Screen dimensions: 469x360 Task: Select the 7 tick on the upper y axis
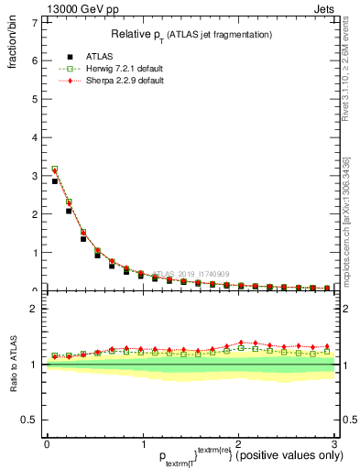[35, 22]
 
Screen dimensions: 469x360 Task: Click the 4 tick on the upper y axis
[35, 137]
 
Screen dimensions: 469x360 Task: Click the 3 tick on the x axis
[334, 445]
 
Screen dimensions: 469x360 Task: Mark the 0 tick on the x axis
[47, 445]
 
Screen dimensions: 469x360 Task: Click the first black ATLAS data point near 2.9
[55, 180]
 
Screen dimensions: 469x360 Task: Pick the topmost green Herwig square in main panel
[55, 169]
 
